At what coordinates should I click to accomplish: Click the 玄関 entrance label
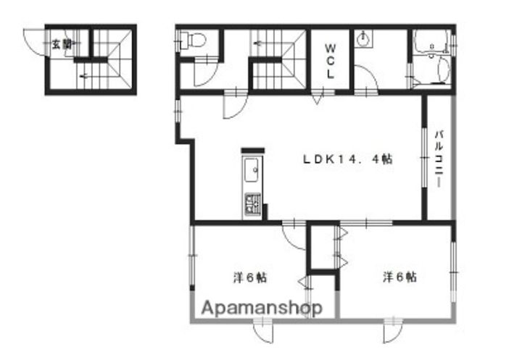62,43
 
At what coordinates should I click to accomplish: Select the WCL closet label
330,62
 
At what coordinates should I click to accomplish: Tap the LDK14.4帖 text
348,159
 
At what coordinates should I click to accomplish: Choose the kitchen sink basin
252,171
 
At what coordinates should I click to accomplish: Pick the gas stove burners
253,204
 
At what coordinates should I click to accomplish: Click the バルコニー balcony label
439,159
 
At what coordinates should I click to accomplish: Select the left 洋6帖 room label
250,277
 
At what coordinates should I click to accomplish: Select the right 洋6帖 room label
399,277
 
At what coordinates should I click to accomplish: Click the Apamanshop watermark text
262,308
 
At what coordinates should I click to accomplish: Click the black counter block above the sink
253,151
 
